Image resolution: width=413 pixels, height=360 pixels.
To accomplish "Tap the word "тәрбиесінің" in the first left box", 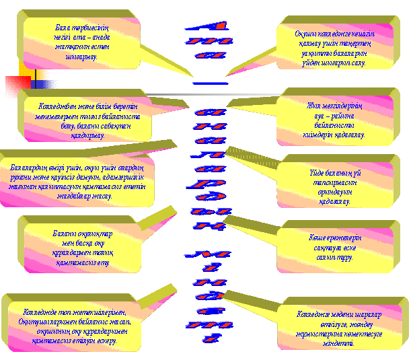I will [85, 28].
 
